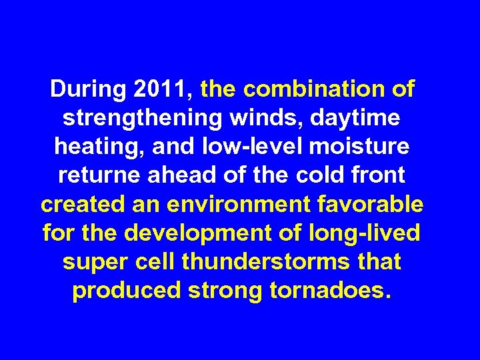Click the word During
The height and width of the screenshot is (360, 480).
click(x=89, y=89)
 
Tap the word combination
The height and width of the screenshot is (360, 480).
click(x=312, y=89)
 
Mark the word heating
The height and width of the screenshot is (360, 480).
click(x=96, y=147)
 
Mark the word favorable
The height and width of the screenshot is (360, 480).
click(x=379, y=204)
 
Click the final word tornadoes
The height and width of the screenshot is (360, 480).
click(x=327, y=291)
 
